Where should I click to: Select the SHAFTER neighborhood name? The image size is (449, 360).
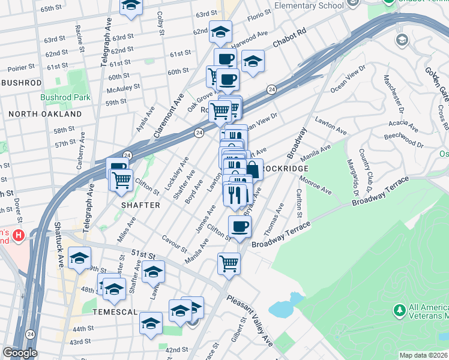pos(142,205)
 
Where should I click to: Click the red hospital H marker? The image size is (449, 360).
pos(19,236)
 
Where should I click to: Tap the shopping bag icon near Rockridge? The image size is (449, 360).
pos(253,169)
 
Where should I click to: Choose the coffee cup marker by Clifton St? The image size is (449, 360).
pos(240,227)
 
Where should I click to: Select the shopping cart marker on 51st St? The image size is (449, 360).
pos(229,263)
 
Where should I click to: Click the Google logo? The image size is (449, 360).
pos(19,353)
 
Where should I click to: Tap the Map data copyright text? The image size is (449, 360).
pos(423,355)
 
